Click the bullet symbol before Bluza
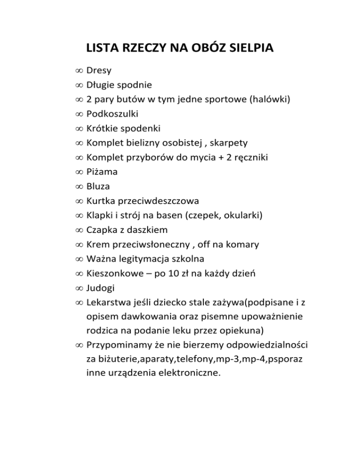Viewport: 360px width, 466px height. tap(78, 187)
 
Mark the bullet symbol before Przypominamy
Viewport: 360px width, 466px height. tap(78, 346)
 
